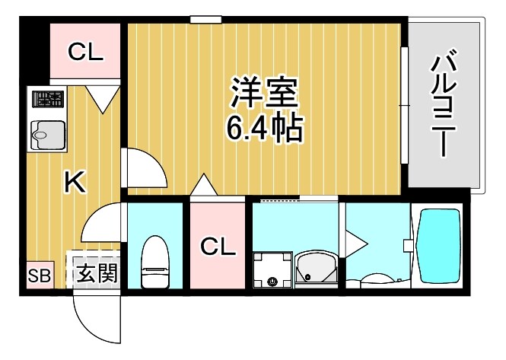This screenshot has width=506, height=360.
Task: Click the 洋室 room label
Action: pyautogui.click(x=263, y=92)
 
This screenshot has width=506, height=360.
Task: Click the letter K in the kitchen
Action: pyautogui.click(x=73, y=182)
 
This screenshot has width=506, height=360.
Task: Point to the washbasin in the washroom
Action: pyautogui.click(x=313, y=267)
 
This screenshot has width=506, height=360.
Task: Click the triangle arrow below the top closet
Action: pyautogui.click(x=103, y=98)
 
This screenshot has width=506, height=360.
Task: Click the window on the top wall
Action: pyautogui.click(x=205, y=19)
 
